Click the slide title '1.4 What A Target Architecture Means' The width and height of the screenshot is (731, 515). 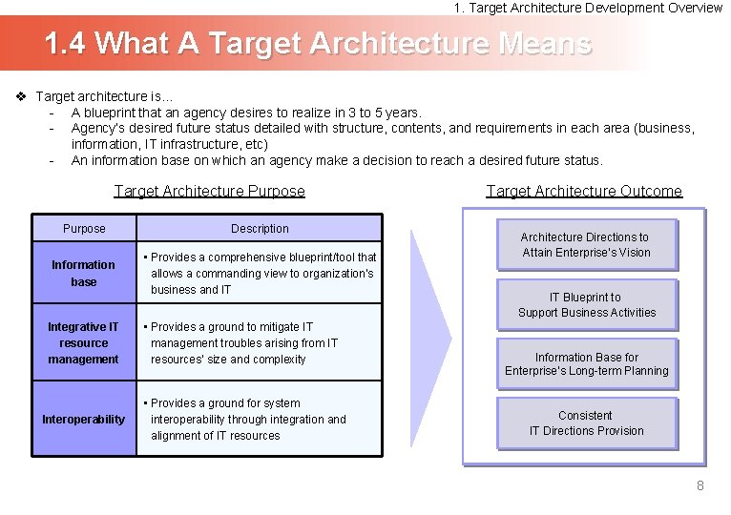[319, 43]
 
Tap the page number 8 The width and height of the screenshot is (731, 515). [700, 485]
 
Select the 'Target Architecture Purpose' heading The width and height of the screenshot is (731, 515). [209, 191]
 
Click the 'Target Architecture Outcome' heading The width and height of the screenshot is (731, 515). [584, 191]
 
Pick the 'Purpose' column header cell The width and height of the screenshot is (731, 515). [84, 229]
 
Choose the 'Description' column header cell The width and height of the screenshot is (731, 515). [260, 229]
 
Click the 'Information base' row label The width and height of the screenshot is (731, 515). [84, 274]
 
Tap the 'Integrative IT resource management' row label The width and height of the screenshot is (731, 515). [84, 343]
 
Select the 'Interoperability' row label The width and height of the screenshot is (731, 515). [84, 420]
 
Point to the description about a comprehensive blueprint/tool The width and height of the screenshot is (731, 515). [259, 274]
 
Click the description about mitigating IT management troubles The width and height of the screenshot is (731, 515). [244, 343]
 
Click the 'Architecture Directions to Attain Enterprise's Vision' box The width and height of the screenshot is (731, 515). [586, 245]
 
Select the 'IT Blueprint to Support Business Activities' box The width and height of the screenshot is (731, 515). [586, 305]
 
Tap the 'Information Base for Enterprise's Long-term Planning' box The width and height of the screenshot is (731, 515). [586, 364]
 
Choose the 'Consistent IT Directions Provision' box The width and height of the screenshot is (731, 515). [586, 423]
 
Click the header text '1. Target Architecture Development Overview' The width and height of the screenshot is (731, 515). [588, 8]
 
